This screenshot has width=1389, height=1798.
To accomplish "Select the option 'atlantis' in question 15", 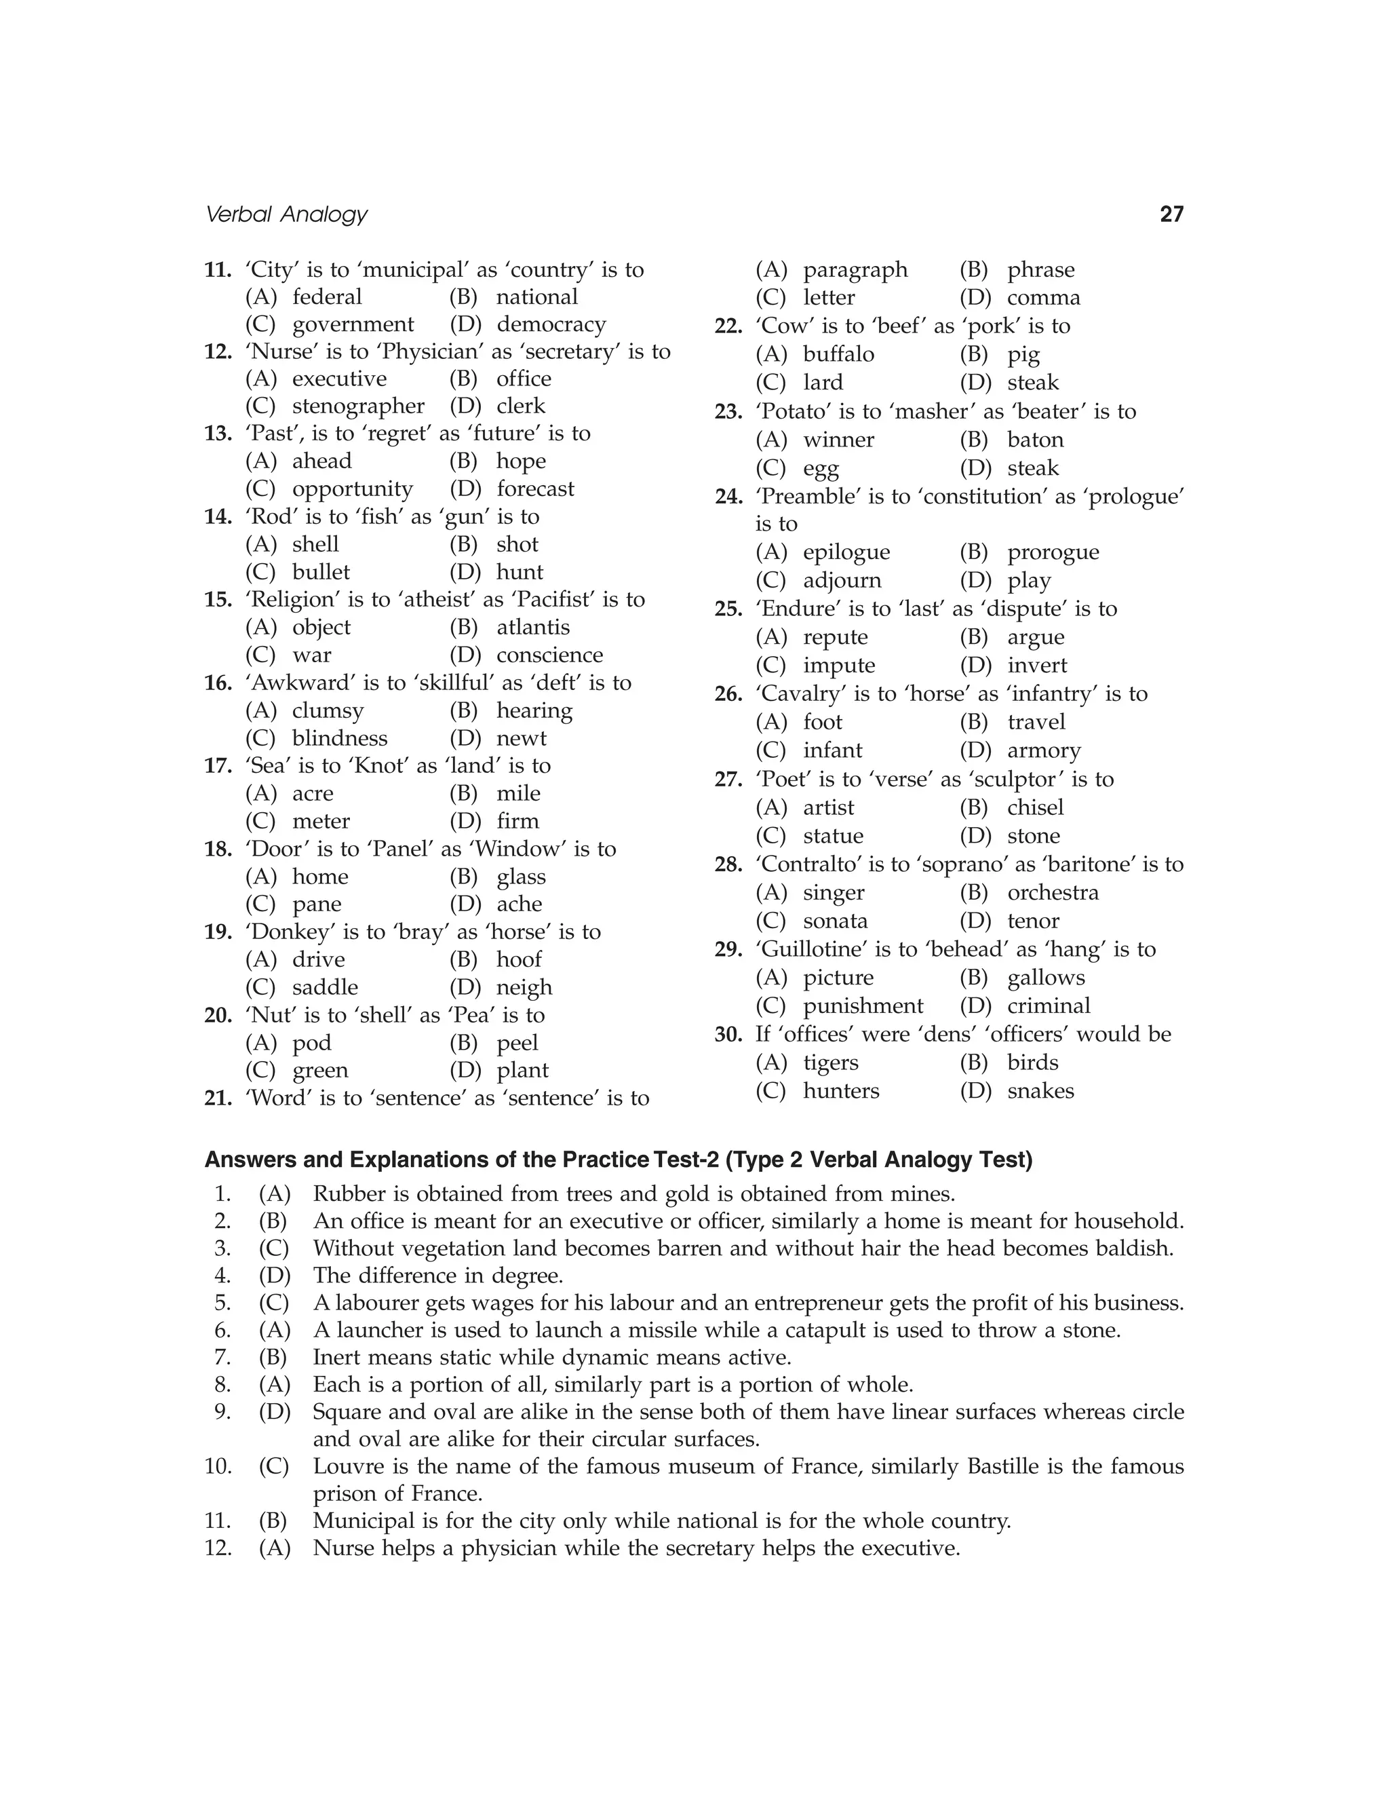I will tap(532, 628).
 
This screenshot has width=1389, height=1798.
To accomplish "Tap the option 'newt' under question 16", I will tap(521, 738).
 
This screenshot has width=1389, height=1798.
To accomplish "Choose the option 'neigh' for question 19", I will tap(524, 987).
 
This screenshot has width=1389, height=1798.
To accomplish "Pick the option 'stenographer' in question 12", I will tap(358, 406).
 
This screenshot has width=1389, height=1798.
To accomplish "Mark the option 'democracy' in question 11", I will tap(551, 324).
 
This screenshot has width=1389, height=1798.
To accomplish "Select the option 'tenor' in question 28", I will tap(1033, 921).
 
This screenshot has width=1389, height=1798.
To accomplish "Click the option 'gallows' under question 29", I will tap(1046, 977).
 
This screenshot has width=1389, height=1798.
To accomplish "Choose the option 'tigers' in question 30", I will tap(830, 1063).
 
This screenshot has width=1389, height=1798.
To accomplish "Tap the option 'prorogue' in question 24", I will tap(1053, 552).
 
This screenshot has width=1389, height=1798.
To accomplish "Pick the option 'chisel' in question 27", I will tap(1035, 807).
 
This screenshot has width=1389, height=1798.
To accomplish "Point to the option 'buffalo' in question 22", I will tap(838, 355).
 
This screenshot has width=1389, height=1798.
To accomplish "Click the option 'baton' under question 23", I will tap(1035, 440).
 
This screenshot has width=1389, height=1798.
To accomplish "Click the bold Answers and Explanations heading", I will tap(618, 1160).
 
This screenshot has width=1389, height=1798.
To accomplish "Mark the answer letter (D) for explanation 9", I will tap(274, 1412).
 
